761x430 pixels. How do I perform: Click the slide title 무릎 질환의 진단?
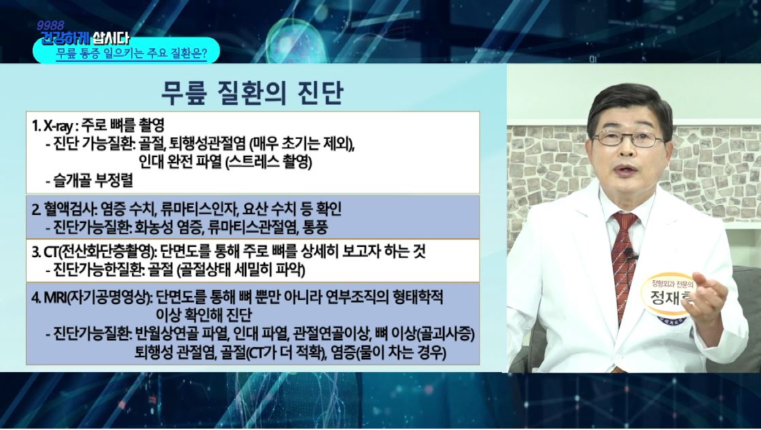click(x=252, y=93)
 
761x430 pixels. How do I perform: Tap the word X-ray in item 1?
click(x=58, y=126)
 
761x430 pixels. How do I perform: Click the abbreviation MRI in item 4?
click(x=55, y=297)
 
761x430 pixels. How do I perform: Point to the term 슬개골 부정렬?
click(x=92, y=181)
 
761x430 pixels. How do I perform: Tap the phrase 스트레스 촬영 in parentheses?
click(x=270, y=162)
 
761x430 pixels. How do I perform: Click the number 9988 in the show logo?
click(x=50, y=25)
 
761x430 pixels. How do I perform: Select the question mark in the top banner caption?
click(x=204, y=53)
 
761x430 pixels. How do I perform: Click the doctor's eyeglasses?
click(x=628, y=138)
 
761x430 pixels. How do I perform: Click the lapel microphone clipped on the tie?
click(x=630, y=253)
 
